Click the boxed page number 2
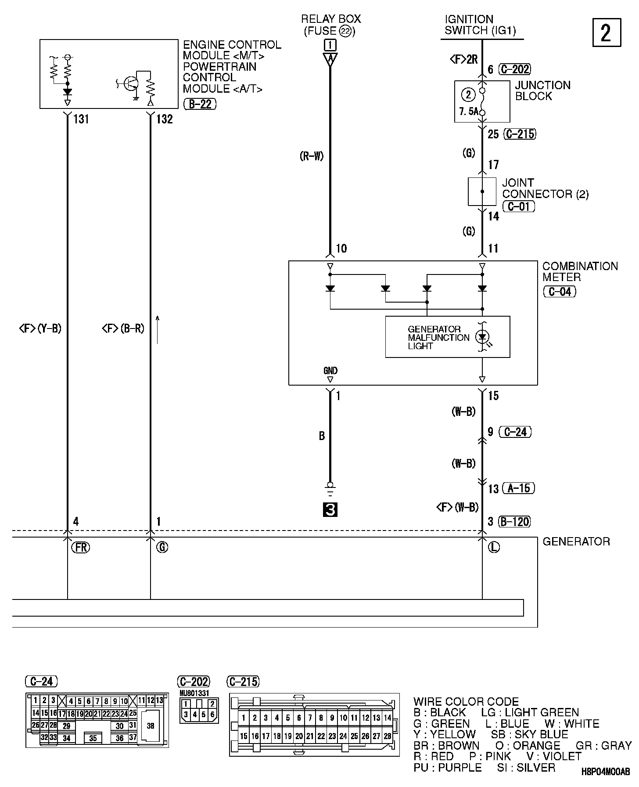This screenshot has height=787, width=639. coord(607,32)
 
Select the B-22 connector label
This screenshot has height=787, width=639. coord(200,104)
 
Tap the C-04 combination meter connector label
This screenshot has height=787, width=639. coord(559,291)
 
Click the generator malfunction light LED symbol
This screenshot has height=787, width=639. coord(483,337)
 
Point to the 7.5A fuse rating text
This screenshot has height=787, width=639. coord(469,112)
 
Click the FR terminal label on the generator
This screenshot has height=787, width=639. coord(80,547)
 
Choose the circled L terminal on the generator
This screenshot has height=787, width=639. coord(494,547)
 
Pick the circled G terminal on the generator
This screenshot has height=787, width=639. coord(162,547)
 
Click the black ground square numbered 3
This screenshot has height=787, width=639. coord(330,509)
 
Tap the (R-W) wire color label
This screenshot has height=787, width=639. coord(312,156)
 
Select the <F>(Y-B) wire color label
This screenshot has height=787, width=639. coord(40,328)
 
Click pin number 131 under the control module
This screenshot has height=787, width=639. coord(81,119)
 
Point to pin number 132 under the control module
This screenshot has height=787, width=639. coord(165,119)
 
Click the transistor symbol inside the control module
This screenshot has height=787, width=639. coord(130,83)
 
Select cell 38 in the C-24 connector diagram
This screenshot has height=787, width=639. coord(151,726)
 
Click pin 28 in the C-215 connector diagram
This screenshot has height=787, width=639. coord(387,736)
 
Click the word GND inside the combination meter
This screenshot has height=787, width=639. coord(330,371)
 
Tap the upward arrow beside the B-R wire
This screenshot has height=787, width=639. coord(158,329)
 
